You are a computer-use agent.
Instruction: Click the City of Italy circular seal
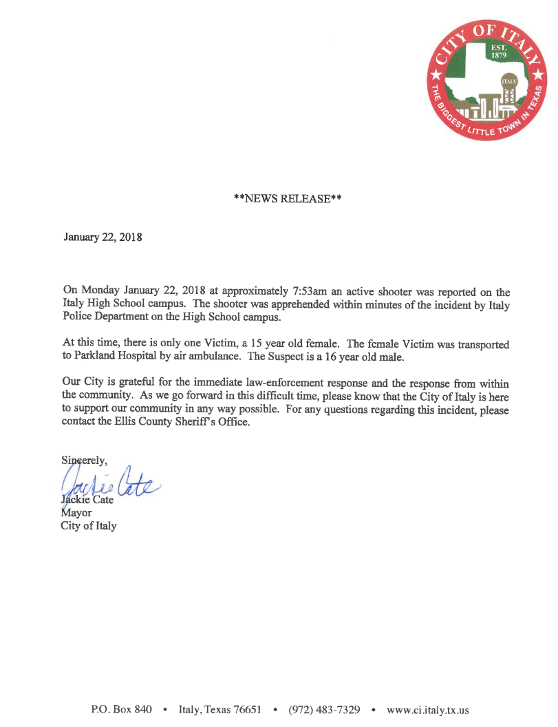(487, 80)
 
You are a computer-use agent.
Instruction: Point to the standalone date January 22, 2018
(103, 238)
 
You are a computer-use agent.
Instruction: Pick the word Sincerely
(82, 461)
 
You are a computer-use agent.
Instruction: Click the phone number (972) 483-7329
(324, 709)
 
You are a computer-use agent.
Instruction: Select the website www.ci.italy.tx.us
(428, 709)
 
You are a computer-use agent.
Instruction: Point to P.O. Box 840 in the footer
(122, 709)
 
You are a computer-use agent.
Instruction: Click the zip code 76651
(246, 709)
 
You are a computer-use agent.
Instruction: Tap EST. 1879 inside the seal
(498, 52)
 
